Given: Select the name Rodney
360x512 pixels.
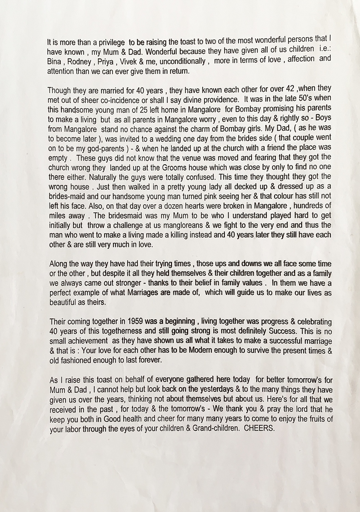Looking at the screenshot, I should (79, 62).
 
